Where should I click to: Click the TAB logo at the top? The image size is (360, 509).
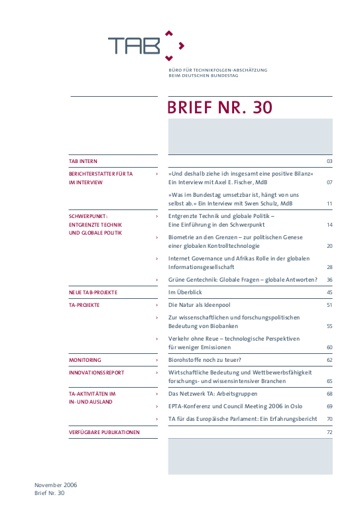[146, 44]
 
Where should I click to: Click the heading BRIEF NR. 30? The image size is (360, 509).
[219, 108]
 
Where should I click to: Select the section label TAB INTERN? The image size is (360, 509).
[83, 161]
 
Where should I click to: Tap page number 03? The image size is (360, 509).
[329, 162]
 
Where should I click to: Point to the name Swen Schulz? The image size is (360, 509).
[267, 203]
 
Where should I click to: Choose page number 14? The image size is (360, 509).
[329, 225]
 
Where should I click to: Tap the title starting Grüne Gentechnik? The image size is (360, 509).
[243, 280]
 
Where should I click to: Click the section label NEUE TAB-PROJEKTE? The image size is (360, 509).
[93, 292]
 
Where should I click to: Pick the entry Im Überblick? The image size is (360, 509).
[185, 292]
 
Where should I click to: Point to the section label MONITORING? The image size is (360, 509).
[85, 360]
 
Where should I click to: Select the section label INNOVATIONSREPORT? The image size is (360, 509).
[96, 372]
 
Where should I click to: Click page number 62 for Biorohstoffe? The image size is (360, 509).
[329, 360]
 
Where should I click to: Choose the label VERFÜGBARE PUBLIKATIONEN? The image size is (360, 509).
[104, 432]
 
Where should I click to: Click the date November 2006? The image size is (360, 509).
[56, 484]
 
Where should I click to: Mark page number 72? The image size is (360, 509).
[329, 432]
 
